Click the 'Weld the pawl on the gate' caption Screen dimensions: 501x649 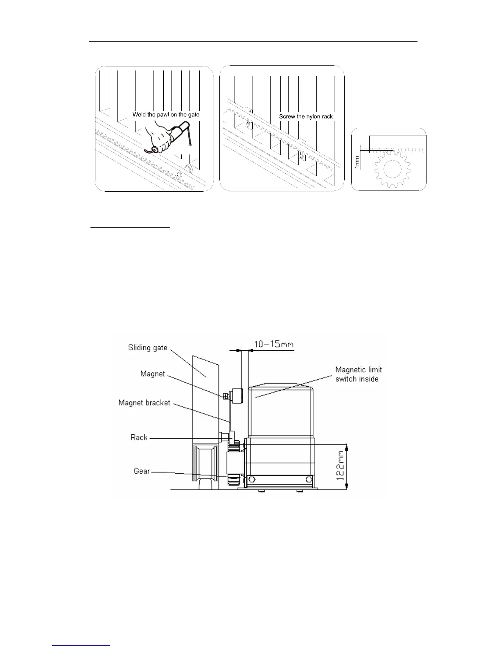tap(166, 115)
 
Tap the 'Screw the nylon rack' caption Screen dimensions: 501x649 tap(306, 117)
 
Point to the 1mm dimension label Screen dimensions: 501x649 tap(357, 161)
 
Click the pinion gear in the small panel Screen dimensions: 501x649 tap(392, 169)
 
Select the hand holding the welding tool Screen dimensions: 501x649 tap(159, 137)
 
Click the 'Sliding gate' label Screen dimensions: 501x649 tap(147, 348)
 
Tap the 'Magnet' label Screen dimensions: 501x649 tap(152, 374)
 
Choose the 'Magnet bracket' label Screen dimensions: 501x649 tap(144, 403)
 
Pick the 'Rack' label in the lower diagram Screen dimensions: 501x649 tap(139, 438)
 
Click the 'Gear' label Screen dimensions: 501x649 tap(141, 471)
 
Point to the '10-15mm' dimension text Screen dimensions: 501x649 tap(274, 344)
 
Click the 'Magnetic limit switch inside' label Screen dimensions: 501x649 tap(359, 374)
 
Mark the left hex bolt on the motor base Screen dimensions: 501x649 tap(251, 480)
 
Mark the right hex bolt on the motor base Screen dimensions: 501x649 tap(310, 479)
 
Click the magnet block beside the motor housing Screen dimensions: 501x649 tap(236, 396)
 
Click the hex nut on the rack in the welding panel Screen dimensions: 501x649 tap(179, 176)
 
